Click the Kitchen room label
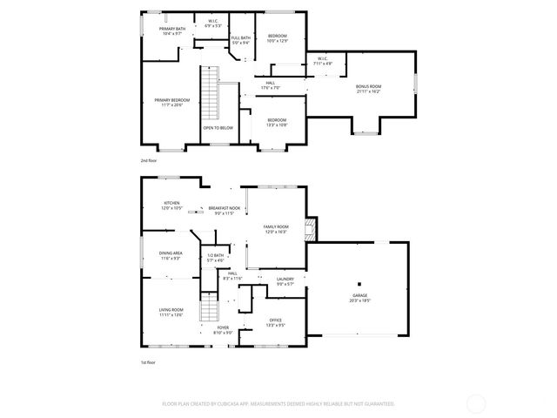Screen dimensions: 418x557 tap(171, 204)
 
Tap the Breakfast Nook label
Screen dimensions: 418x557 tap(224, 209)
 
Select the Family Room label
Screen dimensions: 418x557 tap(276, 228)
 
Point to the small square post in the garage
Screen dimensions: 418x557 tap(358, 284)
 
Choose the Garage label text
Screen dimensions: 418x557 tap(359, 295)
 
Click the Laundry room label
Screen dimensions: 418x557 tap(286, 280)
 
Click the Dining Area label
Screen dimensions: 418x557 tap(171, 253)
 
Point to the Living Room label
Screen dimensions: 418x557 tap(171, 310)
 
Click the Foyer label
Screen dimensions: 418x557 tap(224, 328)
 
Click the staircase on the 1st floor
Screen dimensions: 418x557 tap(208, 307)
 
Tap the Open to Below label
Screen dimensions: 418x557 tap(218, 128)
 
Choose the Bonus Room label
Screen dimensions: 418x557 tap(368, 87)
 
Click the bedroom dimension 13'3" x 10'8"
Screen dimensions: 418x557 tap(277, 125)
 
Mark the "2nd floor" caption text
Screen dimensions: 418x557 tap(150, 161)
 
